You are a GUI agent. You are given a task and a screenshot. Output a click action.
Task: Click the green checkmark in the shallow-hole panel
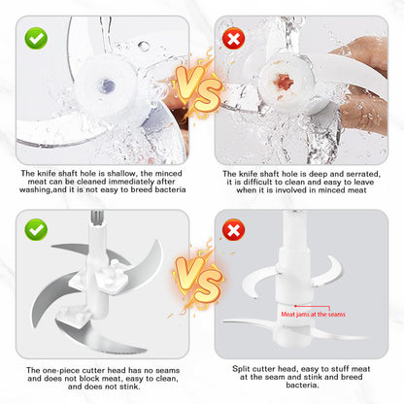[36, 38]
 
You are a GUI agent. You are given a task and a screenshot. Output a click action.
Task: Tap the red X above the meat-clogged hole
[233, 38]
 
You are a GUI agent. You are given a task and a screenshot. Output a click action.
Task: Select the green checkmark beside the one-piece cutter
[36, 229]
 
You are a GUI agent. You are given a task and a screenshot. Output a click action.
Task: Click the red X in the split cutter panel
[233, 229]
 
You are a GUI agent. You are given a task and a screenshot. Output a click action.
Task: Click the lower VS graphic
[198, 279]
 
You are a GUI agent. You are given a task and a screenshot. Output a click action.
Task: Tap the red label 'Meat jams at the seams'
[313, 315]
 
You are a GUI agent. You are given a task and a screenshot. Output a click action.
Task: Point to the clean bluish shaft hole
[107, 85]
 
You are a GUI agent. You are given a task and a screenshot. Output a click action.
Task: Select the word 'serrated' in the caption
[363, 174]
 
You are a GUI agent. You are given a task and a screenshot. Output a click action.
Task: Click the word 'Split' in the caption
[241, 369]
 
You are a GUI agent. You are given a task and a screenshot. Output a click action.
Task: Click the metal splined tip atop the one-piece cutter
[97, 218]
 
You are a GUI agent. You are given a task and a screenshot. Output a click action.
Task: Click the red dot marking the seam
[295, 306]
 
